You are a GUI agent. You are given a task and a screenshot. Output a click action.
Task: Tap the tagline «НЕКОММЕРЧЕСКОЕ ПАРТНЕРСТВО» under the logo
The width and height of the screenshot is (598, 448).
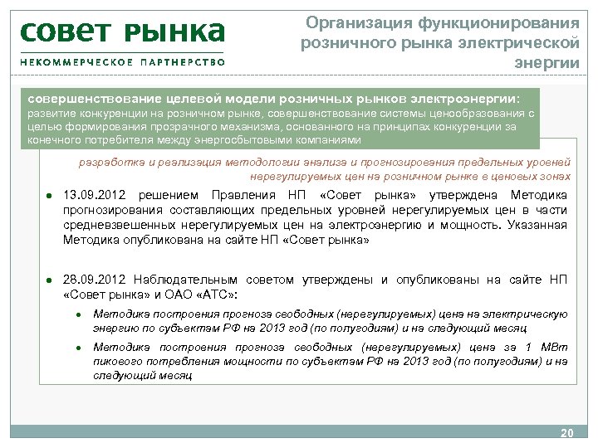(x=122, y=61)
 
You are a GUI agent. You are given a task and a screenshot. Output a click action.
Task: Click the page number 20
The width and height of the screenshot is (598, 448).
(x=567, y=434)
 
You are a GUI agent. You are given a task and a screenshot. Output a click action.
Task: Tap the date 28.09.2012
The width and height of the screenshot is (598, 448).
(x=94, y=280)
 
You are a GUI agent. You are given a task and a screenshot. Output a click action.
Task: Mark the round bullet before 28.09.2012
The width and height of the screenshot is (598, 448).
(x=51, y=280)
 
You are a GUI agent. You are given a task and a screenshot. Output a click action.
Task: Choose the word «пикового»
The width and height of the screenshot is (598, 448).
(x=118, y=362)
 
